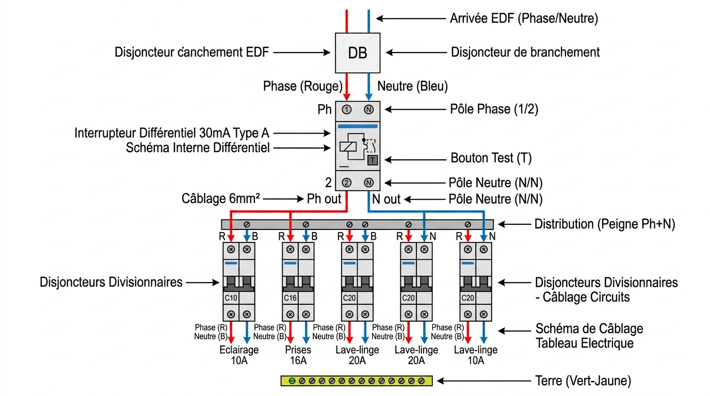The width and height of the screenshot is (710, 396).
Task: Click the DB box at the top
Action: (358, 53)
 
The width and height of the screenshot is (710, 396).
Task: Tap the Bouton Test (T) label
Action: (491, 158)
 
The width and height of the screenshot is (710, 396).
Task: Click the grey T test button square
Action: (373, 160)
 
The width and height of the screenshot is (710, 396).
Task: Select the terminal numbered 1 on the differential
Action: (346, 110)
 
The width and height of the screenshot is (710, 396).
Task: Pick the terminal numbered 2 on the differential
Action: (346, 183)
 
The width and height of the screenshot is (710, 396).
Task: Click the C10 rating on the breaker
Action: (231, 298)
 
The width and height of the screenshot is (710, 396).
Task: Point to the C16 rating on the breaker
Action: (290, 298)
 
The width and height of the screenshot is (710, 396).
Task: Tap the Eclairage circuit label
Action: (239, 350)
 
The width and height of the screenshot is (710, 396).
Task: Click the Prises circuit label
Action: (298, 350)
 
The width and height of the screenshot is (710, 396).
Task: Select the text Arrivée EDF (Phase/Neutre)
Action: (524, 19)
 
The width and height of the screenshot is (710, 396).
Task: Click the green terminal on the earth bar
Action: (292, 381)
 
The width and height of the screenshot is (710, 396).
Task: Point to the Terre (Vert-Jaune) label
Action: (583, 381)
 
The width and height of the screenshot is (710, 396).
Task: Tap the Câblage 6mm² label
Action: (221, 199)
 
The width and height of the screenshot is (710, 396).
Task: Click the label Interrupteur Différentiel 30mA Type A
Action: (172, 133)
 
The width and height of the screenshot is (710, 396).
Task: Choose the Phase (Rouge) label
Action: (303, 86)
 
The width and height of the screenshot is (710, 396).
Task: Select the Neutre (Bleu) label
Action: (412, 86)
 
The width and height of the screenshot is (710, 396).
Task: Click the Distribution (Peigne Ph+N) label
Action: (605, 224)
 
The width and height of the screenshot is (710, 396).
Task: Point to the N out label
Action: (386, 199)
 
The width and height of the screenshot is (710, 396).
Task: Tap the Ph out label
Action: (324, 199)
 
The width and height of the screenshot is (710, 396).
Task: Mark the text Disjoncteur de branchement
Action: (525, 52)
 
